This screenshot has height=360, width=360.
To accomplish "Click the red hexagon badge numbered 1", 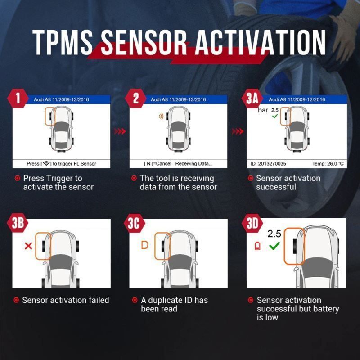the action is [18, 98].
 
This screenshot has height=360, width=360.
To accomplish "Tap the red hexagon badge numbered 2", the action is [136, 98].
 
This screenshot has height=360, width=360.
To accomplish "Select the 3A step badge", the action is [252, 98].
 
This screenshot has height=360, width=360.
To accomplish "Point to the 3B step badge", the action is [18, 223].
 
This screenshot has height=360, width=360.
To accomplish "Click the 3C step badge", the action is [134, 223].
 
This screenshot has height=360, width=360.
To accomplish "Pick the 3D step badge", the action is [252, 223].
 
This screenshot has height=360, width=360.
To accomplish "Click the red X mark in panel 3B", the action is [28, 246].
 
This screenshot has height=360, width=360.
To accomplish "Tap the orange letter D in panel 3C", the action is [144, 245].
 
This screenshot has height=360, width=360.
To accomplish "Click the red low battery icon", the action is [258, 246].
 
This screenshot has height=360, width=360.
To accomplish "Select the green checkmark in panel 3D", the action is [274, 246].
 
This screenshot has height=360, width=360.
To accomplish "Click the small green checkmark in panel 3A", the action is [275, 116].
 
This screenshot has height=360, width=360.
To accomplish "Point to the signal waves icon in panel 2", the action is [161, 117].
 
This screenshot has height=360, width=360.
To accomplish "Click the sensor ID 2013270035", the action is [268, 164].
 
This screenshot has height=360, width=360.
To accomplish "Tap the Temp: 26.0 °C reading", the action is [328, 164].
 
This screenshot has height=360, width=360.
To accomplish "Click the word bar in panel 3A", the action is [263, 110].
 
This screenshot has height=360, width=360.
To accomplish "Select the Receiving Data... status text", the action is [194, 164].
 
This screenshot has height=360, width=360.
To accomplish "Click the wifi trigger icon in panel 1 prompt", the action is [47, 164].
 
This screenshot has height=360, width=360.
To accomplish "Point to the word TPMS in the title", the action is [63, 42].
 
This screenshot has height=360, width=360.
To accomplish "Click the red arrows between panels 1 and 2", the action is [120, 131].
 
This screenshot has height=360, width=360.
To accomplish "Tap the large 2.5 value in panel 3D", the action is [274, 234].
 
